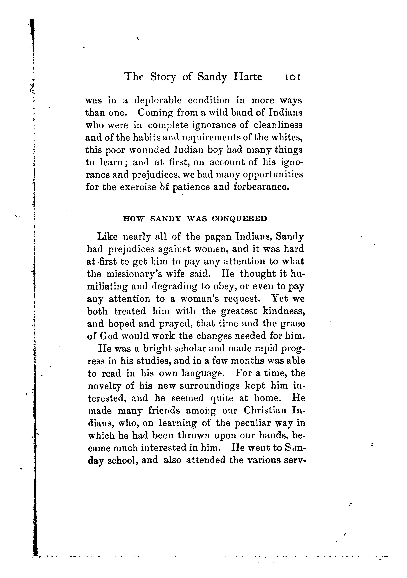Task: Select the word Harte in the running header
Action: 248,77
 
